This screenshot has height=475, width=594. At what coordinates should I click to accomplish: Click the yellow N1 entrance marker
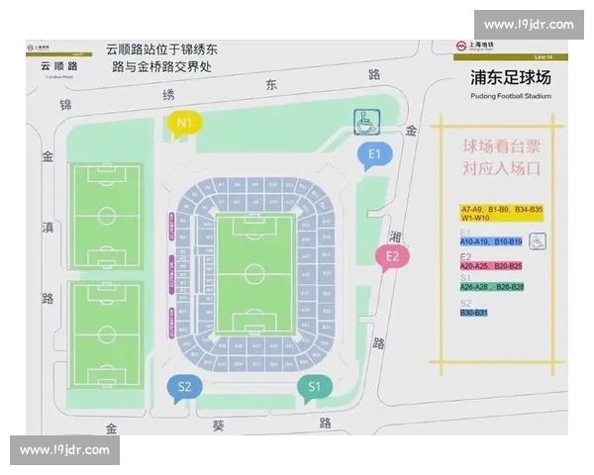point(184,123)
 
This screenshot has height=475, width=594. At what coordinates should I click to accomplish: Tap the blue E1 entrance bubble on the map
point(375,153)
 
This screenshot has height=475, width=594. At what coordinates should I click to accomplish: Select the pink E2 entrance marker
point(392,255)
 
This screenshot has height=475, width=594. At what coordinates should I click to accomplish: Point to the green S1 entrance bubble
point(314,386)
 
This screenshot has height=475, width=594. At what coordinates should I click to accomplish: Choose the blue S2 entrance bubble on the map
point(183,386)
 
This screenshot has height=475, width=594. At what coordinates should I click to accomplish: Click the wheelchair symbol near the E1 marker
point(365,120)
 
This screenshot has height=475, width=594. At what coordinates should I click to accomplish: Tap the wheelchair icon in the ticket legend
point(536,238)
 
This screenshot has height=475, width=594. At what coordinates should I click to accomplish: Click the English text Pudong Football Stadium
point(512,97)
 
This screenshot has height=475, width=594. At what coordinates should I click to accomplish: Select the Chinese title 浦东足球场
point(511,79)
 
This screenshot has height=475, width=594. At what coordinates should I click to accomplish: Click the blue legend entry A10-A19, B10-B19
point(491,241)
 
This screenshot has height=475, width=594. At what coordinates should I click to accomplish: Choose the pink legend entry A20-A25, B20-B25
point(491,266)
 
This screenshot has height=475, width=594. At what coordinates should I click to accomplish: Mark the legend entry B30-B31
point(474,313)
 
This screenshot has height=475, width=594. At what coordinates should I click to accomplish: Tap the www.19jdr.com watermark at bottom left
point(66,450)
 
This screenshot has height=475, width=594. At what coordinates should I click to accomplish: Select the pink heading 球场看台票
point(501,146)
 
